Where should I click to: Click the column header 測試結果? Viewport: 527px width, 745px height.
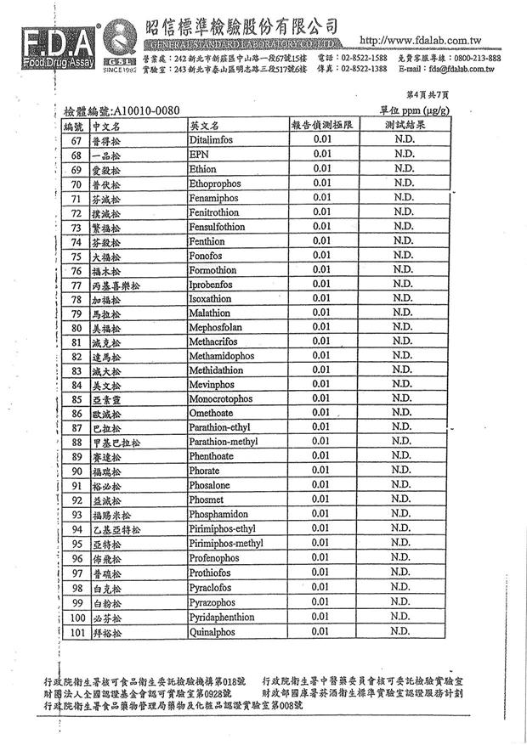pos(405,125)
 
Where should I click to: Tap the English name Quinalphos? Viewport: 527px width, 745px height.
pos(212,632)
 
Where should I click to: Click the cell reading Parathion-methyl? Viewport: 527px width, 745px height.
pos(223,442)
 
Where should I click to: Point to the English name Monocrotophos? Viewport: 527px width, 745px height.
pos(220,398)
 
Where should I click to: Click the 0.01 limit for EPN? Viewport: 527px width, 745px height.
pos(321,155)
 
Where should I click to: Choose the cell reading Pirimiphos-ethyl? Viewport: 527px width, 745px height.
pos(221,529)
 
